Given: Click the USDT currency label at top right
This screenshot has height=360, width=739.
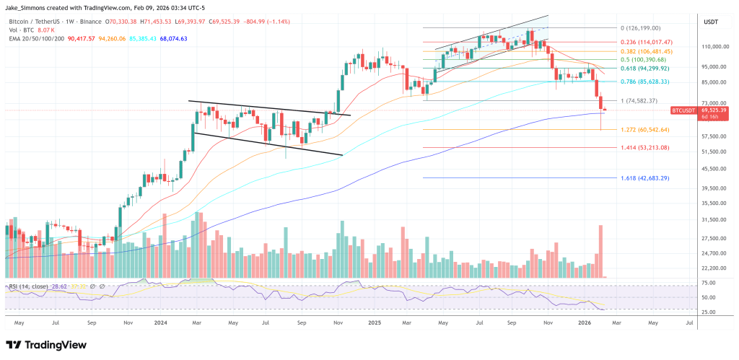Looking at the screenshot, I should click(x=711, y=22).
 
